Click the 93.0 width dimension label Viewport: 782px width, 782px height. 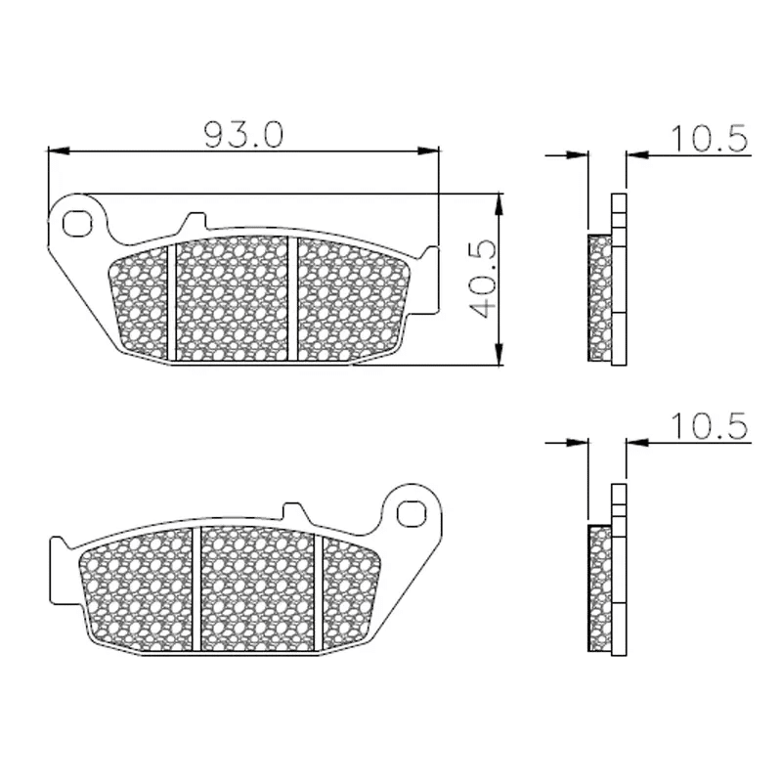click(243, 134)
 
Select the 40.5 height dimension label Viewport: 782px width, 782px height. click(483, 280)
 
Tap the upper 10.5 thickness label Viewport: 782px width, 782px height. click(710, 138)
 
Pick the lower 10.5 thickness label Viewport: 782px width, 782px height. click(710, 426)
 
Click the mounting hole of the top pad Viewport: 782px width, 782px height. click(77, 224)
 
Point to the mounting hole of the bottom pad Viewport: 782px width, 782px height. click(412, 514)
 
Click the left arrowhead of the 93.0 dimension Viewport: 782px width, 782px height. click(59, 151)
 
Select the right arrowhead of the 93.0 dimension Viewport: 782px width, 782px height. click(428, 151)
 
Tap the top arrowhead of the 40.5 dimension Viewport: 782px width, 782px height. click(499, 204)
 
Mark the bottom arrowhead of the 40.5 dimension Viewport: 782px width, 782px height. click(499, 354)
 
